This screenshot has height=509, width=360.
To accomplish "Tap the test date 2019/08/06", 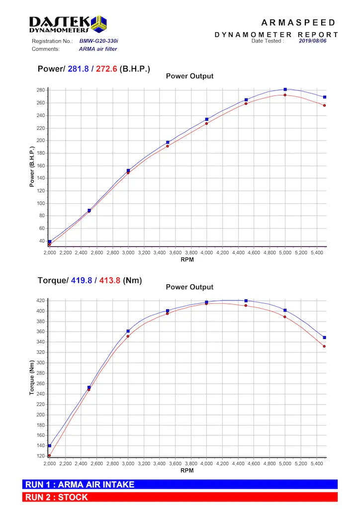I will tap(313, 41).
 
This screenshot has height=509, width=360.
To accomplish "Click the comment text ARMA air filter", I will tap(98, 49).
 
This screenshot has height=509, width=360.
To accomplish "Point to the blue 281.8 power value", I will tap(78, 69).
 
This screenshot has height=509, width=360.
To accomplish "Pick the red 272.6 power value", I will tap(107, 69).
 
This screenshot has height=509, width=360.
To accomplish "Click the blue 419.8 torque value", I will tap(82, 280).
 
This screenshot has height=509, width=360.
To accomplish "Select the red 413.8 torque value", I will tap(110, 280).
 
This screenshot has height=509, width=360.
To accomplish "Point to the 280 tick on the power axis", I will tap(40, 90).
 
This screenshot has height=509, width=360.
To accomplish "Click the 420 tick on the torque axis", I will tap(40, 301).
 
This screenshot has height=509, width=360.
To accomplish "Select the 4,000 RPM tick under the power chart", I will tap(206, 253).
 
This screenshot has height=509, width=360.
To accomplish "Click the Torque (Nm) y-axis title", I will tap(32, 378).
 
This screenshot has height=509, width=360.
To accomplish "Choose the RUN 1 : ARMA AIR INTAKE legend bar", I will tap(180, 485).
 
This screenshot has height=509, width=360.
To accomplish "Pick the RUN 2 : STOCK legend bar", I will tap(180, 497).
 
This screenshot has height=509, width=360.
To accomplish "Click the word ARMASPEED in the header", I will tap(298, 23).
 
